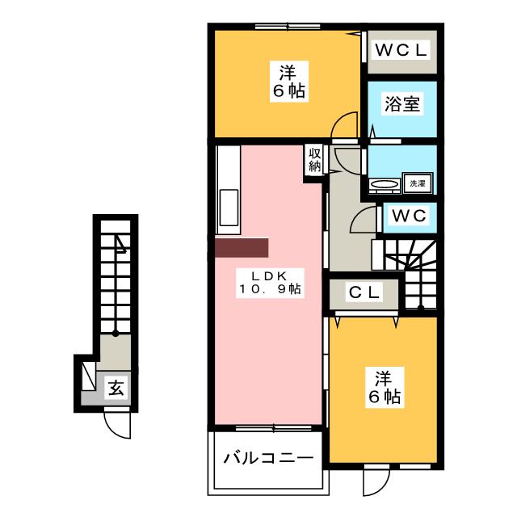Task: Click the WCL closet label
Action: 401,50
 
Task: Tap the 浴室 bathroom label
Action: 402,103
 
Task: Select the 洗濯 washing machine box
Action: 417,183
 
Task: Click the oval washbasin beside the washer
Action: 385,183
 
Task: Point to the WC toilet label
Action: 410,216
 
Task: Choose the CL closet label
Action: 364,292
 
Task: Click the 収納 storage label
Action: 315,160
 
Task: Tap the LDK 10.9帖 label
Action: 270,283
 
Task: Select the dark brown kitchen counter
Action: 242,247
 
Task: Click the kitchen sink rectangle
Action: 229,208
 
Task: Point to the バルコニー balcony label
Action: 268,458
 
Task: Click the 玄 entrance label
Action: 116,388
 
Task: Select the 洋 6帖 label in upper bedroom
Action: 289,82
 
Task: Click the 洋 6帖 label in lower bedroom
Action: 385,388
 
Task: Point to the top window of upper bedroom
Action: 288,26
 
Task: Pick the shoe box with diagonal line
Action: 88,376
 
